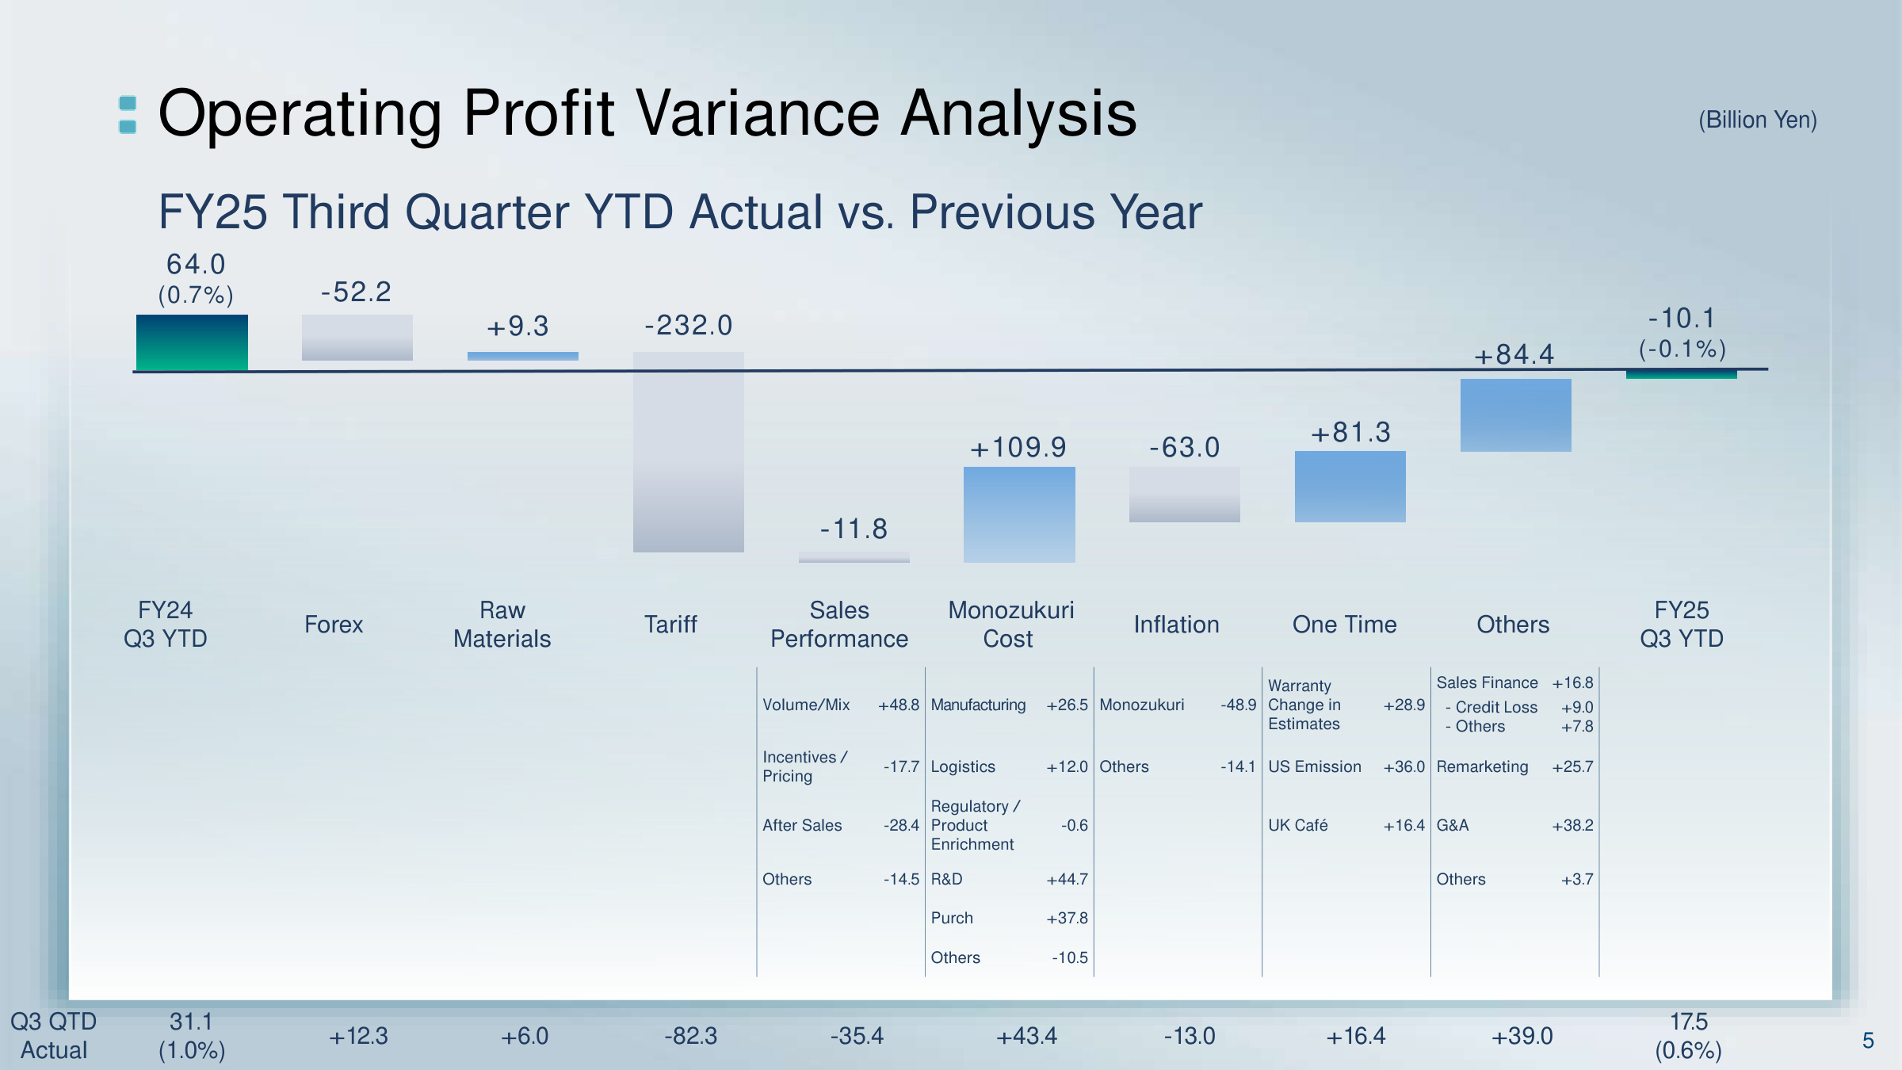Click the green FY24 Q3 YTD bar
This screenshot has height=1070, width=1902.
192,342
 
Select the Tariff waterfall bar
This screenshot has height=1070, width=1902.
688,452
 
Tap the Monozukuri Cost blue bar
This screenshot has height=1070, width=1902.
1019,514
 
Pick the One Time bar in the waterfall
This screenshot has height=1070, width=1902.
1350,487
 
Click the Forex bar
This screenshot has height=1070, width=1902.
357,338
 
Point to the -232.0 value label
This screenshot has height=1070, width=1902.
689,325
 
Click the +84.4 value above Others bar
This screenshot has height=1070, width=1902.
1514,354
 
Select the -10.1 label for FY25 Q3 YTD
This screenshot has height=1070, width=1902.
1682,319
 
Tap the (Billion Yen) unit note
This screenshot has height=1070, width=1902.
1758,120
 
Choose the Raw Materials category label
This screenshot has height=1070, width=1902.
502,625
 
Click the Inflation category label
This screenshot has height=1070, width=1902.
1176,625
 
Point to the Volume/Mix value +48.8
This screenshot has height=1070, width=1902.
899,705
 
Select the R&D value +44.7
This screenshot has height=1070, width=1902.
1067,879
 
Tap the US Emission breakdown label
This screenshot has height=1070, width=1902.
1315,766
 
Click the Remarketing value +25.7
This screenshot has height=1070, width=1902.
1572,766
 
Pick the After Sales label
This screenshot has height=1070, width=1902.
802,825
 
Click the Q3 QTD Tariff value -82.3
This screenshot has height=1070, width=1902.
690,1036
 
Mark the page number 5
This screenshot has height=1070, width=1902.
1868,1041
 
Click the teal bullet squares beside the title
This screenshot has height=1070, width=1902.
128,115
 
